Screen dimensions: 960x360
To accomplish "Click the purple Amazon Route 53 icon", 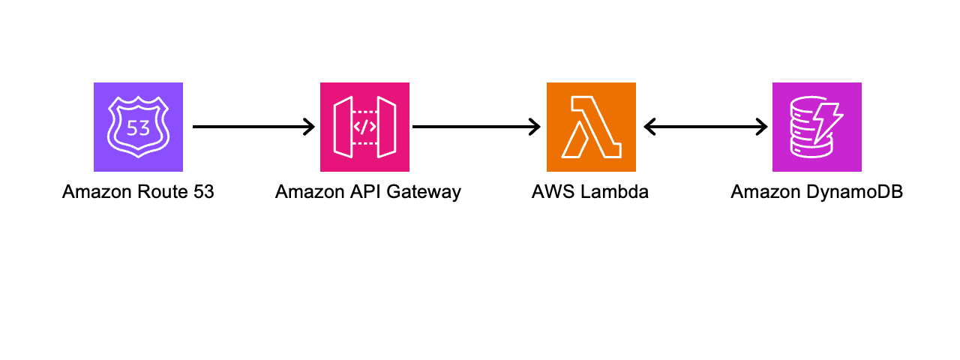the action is (x=139, y=127).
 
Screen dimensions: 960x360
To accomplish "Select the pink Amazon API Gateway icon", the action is (x=364, y=127).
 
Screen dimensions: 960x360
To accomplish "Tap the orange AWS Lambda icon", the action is (x=591, y=127).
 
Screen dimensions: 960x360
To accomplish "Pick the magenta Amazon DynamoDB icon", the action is (x=817, y=127).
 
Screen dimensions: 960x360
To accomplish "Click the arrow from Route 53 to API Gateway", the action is (x=253, y=127).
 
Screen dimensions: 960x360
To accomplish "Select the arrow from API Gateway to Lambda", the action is (x=476, y=127).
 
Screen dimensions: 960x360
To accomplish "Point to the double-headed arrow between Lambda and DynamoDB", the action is (x=706, y=127).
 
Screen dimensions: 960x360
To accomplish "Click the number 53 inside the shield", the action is (x=139, y=127).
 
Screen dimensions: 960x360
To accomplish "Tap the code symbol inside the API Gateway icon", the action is (x=364, y=127).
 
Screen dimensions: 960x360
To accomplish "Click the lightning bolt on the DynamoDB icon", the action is (x=828, y=122).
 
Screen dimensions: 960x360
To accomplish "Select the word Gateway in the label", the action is (x=424, y=192).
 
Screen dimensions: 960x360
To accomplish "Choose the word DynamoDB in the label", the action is (x=854, y=192).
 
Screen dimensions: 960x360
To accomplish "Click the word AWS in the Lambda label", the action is (x=553, y=191).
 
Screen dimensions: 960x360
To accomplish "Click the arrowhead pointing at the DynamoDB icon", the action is (x=761, y=127).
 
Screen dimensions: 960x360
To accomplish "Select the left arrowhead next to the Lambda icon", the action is (x=649, y=127).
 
